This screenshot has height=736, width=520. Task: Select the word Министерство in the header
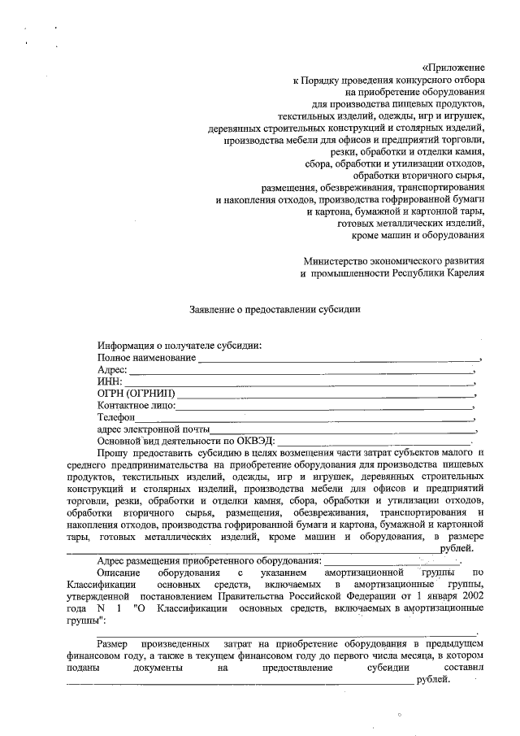pyautogui.click(x=334, y=261)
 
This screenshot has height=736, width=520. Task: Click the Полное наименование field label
pyautogui.click(x=146, y=358)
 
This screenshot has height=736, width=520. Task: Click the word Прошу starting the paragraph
pyautogui.click(x=111, y=452)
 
